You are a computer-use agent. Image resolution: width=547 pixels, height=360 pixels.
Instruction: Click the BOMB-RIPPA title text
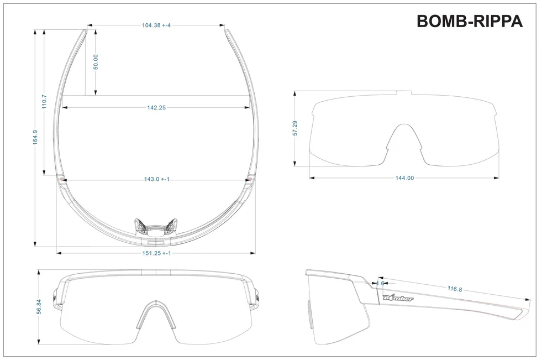coord(469,21)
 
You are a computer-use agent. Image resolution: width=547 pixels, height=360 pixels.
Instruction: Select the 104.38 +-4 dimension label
coord(156,25)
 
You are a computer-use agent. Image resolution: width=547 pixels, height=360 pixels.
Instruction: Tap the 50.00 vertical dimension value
coord(96,61)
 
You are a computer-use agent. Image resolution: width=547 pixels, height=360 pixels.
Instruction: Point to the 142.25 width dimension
coord(156,108)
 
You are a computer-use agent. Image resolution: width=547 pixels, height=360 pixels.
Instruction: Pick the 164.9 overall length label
coord(35,137)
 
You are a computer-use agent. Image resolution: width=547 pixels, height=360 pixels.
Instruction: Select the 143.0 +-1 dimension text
coord(156,179)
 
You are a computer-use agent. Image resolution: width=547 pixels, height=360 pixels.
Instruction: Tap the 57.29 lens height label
coord(296,128)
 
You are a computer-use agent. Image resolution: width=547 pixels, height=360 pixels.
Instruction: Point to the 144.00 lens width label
coord(404,178)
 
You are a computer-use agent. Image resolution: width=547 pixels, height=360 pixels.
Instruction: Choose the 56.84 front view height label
coord(38,307)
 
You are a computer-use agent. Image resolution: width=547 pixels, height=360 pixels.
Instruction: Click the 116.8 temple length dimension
coord(455,289)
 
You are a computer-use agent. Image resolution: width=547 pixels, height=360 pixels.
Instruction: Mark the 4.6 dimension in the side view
coord(380,283)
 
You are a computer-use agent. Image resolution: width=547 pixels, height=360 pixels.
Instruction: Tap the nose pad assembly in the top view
coord(156,227)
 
